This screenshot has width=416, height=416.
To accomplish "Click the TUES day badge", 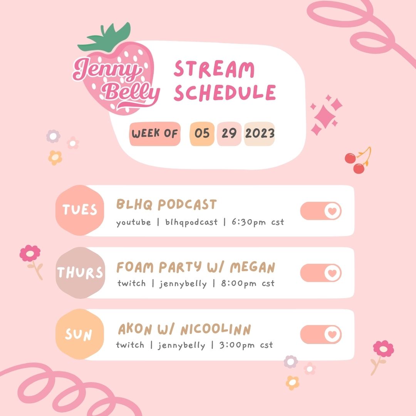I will point(80,210).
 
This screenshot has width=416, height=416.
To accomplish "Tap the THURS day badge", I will point(80,273).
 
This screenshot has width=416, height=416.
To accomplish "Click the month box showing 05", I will point(202,134).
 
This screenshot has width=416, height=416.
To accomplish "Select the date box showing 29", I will point(229,134).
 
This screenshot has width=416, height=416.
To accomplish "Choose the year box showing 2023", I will point(260,134).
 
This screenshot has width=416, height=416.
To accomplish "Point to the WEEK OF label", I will point(155,134).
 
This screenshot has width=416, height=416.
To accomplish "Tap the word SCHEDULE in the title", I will point(225,92).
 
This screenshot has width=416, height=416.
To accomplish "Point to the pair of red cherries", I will point(355,163).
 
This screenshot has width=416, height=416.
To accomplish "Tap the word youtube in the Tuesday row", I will point(134,222).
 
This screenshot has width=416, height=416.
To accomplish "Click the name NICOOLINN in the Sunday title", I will point(216,330).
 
